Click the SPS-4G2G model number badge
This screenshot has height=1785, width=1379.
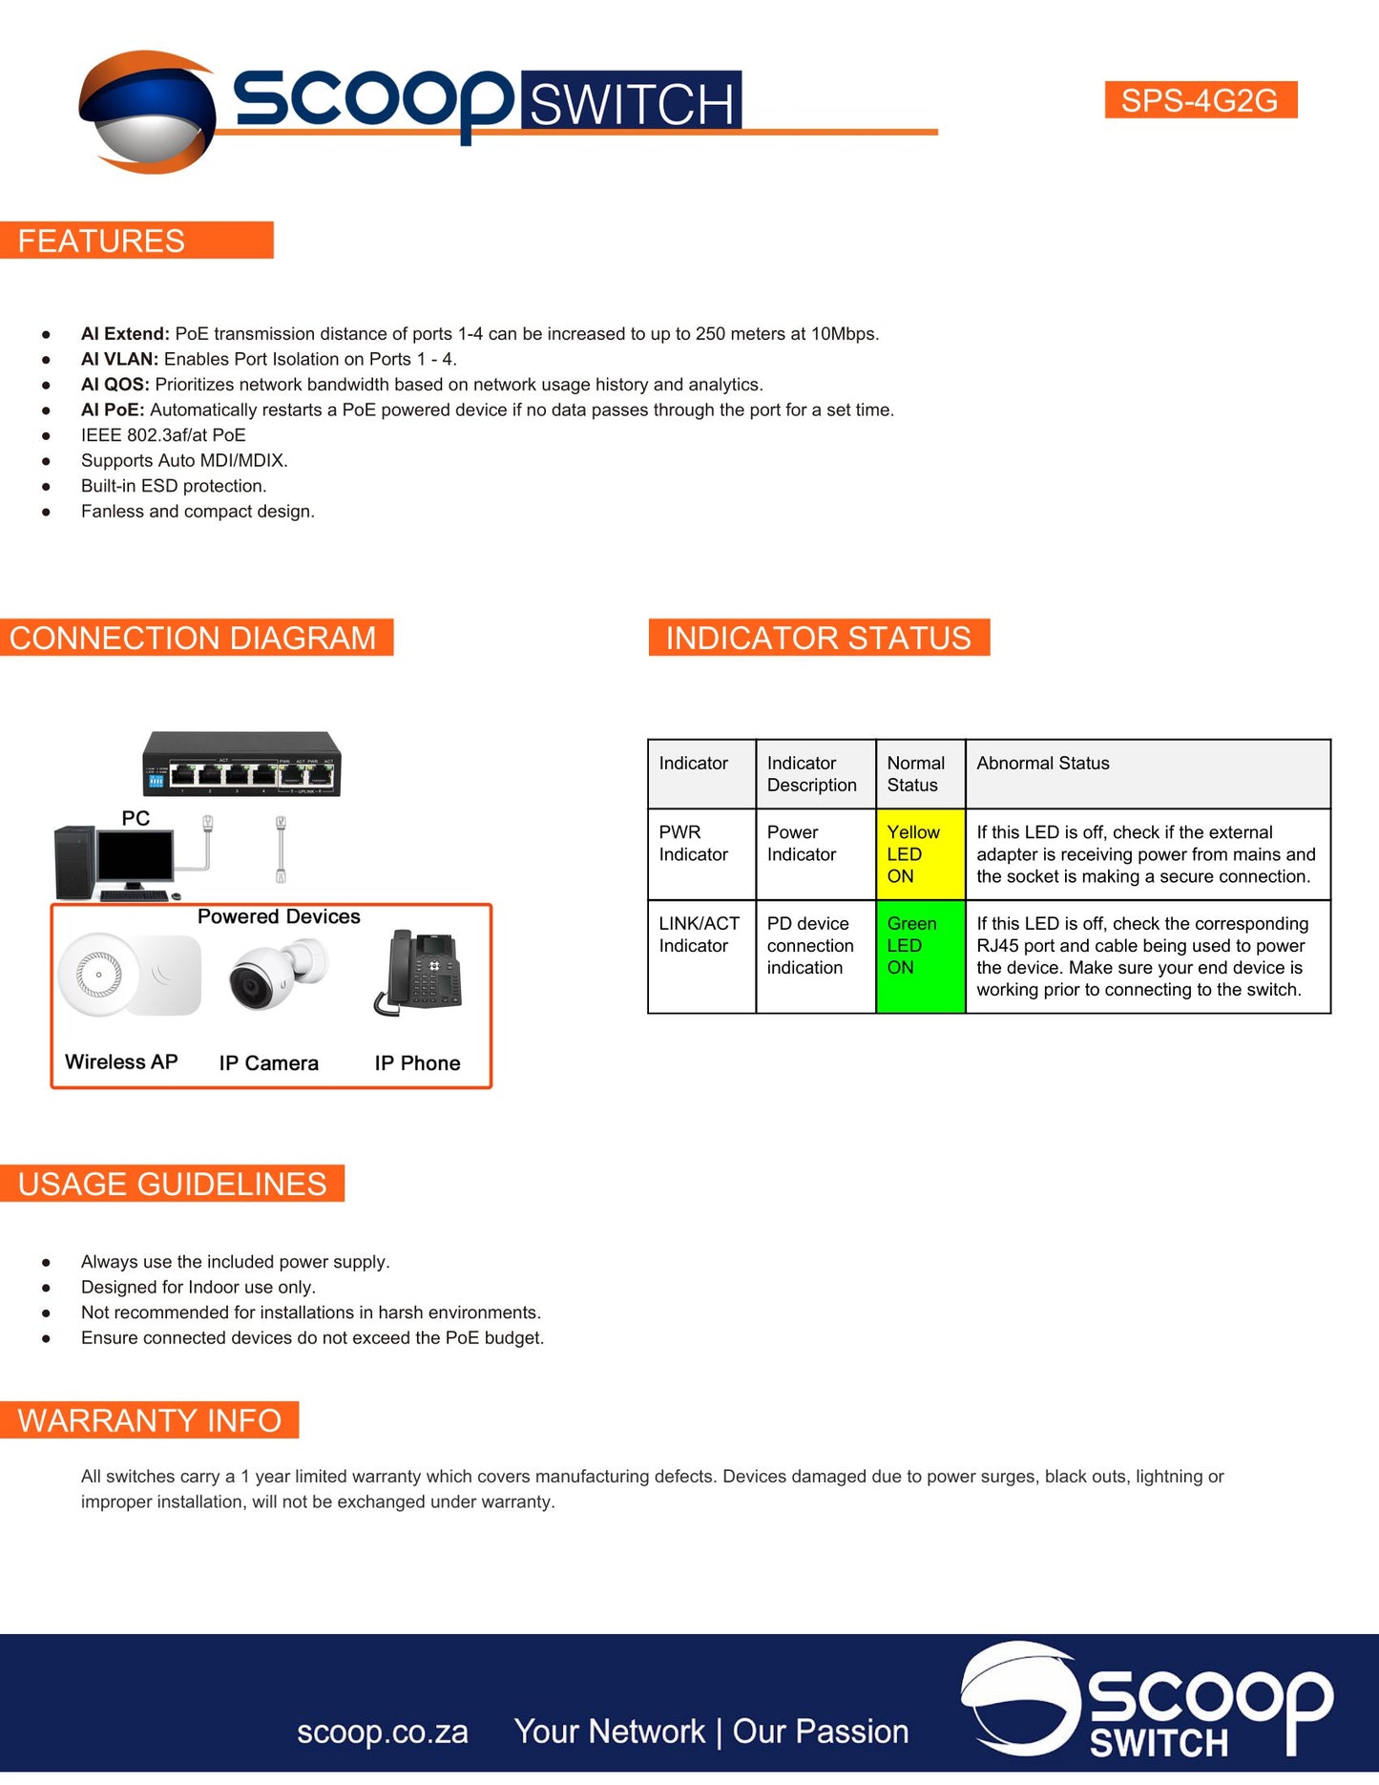pyautogui.click(x=1200, y=100)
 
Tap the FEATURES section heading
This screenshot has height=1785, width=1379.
pyautogui.click(x=102, y=241)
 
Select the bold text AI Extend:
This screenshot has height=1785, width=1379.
pyautogui.click(x=125, y=334)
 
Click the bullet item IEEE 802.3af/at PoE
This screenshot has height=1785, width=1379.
pyautogui.click(x=163, y=435)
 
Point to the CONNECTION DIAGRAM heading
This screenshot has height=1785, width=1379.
pyautogui.click(x=193, y=638)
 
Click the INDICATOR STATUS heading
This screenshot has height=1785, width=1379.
pyautogui.click(x=818, y=638)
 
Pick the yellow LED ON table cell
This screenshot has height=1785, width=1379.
pyautogui.click(x=920, y=854)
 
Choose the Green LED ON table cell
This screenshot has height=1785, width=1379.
pyautogui.click(x=920, y=955)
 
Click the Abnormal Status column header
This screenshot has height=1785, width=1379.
pyautogui.click(x=1043, y=764)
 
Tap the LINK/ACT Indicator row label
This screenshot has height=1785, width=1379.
pyautogui.click(x=699, y=934)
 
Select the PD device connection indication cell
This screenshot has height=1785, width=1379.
pyautogui.click(x=811, y=946)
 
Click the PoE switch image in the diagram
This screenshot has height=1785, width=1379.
pyautogui.click(x=241, y=765)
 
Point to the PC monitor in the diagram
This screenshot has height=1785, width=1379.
pyautogui.click(x=136, y=859)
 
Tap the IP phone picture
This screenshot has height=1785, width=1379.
pyautogui.click(x=420, y=973)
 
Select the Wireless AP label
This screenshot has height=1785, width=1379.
pyautogui.click(x=121, y=1062)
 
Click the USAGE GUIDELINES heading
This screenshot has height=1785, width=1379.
pyautogui.click(x=173, y=1185)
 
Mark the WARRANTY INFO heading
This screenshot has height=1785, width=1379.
pyautogui.click(x=150, y=1420)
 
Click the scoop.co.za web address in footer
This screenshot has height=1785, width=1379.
pyautogui.click(x=382, y=1732)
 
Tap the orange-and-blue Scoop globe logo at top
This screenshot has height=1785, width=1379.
pyautogui.click(x=148, y=112)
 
